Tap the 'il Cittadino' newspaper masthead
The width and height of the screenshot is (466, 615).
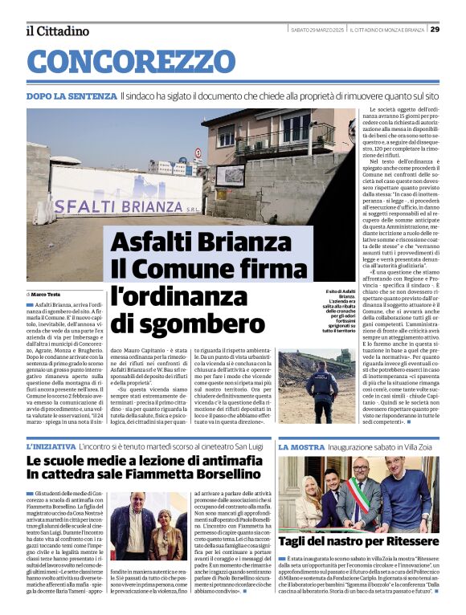(57, 31)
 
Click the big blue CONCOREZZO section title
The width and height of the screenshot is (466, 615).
(131, 62)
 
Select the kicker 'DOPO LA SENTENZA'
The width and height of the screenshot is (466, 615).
(71, 96)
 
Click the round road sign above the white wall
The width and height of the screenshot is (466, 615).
(198, 153)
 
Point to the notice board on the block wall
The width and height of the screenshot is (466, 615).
(230, 176)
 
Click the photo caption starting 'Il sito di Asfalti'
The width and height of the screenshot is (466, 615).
(339, 315)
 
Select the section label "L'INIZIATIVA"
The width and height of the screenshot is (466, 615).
(51, 446)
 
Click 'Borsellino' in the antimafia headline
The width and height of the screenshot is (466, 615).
(223, 474)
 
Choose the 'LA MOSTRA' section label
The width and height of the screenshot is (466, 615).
(301, 446)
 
